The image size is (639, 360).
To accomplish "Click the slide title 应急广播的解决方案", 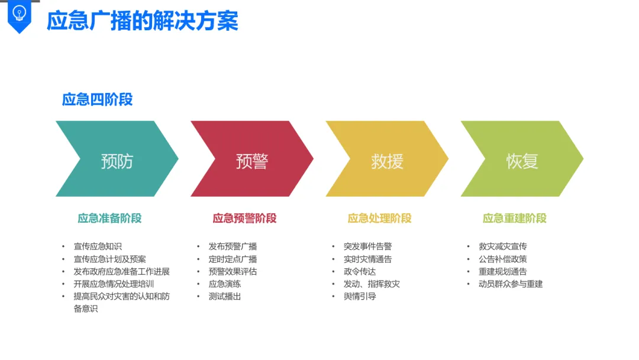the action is (142, 21).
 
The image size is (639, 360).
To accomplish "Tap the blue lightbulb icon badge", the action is (20, 14).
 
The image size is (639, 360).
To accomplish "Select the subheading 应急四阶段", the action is (97, 99).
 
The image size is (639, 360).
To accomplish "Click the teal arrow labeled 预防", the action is (117, 159).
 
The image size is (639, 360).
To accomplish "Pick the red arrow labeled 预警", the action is (252, 159).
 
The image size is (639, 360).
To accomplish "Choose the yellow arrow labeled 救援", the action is (387, 159).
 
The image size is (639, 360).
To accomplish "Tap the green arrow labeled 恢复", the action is (522, 159).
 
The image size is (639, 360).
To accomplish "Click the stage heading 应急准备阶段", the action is (109, 218).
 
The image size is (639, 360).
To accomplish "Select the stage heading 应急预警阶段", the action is (244, 218).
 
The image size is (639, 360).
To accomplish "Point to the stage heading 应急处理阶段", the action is (379, 218).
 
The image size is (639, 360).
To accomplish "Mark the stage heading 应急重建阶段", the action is (514, 218).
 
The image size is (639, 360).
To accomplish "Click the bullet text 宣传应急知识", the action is (98, 246).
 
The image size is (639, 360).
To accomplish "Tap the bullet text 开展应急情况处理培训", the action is (114, 284).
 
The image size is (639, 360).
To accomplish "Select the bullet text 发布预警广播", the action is (233, 246).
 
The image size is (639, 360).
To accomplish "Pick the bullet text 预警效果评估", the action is (233, 271).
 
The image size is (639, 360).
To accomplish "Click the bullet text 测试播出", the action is (225, 296).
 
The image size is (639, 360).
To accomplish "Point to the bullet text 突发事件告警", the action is (367, 246).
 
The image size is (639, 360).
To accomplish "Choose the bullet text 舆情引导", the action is (360, 296).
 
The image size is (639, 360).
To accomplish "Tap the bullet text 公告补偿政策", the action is (502, 259).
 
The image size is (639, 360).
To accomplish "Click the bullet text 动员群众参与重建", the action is (511, 284).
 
